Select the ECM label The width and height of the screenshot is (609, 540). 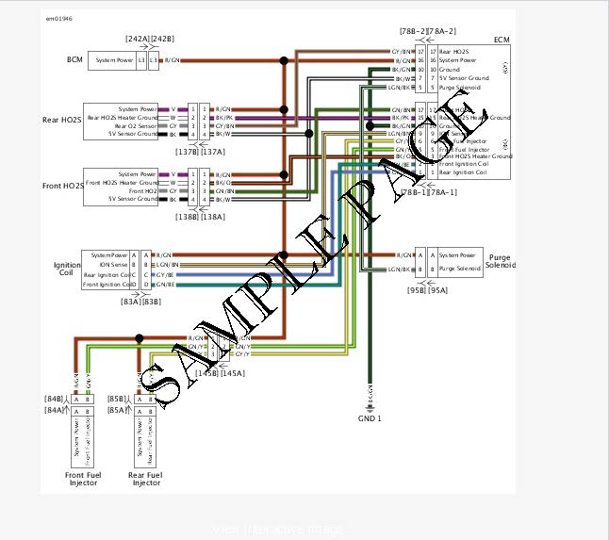[501, 41]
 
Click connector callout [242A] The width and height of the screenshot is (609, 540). [138, 38]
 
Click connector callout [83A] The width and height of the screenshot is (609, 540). [131, 302]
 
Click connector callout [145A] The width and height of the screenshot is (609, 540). [232, 373]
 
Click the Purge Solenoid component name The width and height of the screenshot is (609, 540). [501, 260]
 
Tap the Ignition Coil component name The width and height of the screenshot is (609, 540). [67, 270]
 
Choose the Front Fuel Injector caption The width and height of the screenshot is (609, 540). [82, 479]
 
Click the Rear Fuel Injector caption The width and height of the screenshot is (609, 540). [146, 479]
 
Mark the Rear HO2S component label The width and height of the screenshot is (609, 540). [62, 120]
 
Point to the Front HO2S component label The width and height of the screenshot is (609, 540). [62, 186]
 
